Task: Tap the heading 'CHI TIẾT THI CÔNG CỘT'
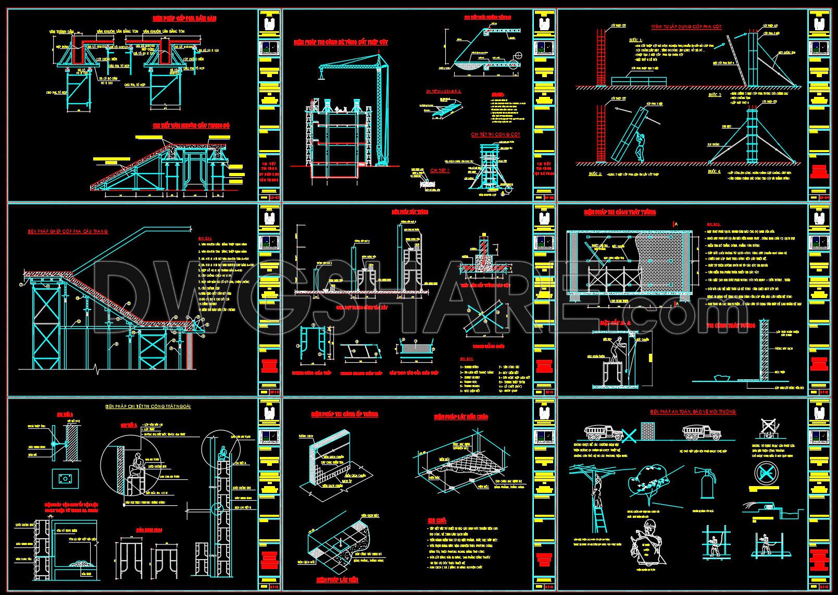(x=495, y=134)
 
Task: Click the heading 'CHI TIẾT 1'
(x=440, y=170)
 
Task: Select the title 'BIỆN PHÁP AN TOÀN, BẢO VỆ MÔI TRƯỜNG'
(x=693, y=412)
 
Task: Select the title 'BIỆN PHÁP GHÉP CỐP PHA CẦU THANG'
(x=68, y=231)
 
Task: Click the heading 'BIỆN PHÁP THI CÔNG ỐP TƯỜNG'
(x=344, y=415)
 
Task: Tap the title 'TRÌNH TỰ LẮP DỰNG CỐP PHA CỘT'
(x=686, y=27)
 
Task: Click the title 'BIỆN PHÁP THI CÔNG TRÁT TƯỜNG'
(x=619, y=212)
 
